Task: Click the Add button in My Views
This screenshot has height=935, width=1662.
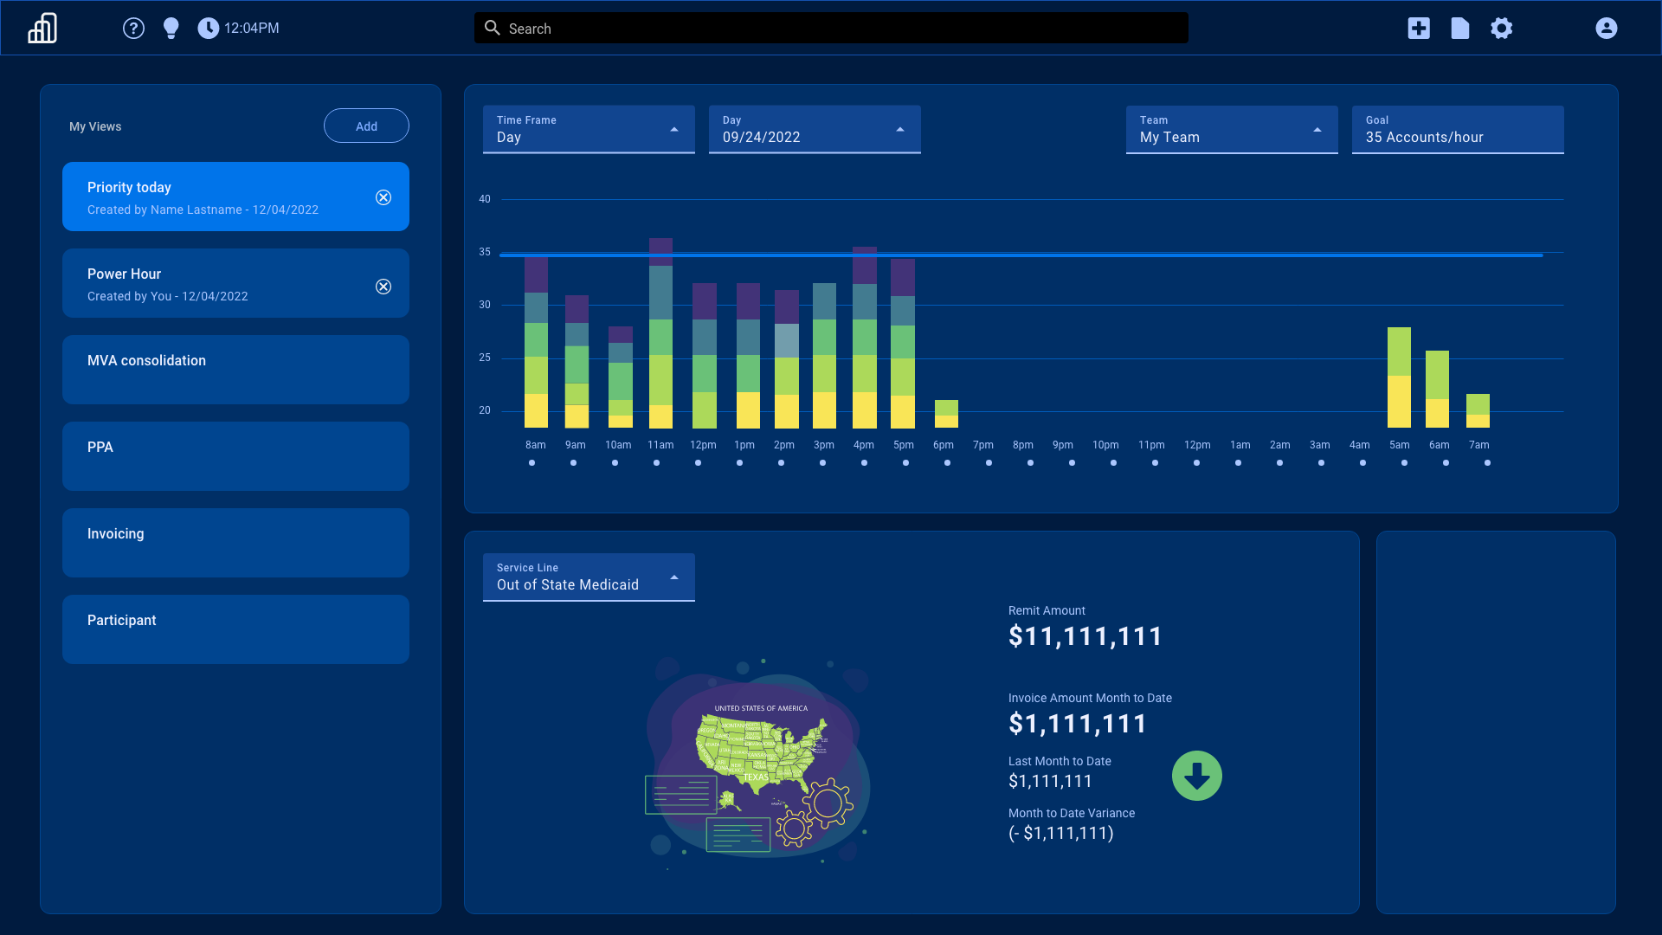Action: [x=366, y=126]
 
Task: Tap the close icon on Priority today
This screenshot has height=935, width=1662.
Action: [x=383, y=197]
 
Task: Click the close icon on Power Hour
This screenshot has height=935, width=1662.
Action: [x=383, y=287]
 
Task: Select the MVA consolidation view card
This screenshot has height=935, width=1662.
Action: [x=235, y=370]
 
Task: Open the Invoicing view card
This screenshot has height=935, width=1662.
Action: [x=235, y=543]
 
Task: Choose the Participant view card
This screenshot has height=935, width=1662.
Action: [x=235, y=629]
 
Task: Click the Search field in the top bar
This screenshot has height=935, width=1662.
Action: [x=831, y=29]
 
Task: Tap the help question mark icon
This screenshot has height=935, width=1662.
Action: [x=133, y=29]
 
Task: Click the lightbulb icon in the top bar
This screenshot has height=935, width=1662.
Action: [x=171, y=29]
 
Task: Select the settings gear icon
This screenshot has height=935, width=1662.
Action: [x=1502, y=29]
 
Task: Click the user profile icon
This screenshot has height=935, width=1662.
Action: [x=1607, y=29]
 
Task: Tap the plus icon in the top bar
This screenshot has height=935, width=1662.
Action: [x=1419, y=29]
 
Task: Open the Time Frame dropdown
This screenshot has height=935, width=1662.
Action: [x=589, y=130]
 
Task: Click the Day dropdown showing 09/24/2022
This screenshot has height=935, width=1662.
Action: [x=815, y=130]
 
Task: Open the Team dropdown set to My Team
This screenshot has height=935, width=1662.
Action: [x=1232, y=130]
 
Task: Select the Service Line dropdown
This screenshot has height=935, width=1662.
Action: [x=589, y=577]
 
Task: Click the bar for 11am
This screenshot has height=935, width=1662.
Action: [x=660, y=333]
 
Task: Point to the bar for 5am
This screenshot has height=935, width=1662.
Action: [x=1399, y=377]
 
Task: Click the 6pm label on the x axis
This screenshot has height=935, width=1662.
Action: [x=944, y=445]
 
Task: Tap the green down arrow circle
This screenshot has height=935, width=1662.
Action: [x=1197, y=776]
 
